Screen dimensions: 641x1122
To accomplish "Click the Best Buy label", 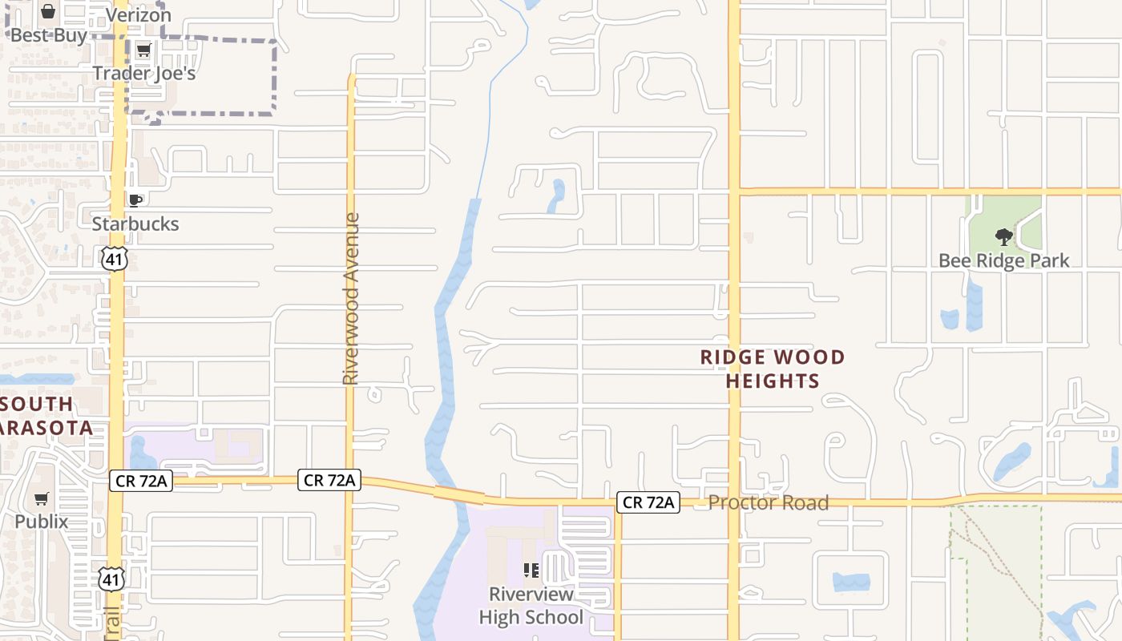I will [48, 35].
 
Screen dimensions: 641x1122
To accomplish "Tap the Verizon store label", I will [139, 14].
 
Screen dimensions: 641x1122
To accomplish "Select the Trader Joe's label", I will [144, 73].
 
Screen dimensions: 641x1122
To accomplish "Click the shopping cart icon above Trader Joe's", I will [143, 51].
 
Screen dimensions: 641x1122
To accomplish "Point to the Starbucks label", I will [135, 224].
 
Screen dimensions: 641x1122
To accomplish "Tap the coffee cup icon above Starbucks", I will [135, 200].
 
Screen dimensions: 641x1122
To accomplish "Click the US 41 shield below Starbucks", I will [114, 258].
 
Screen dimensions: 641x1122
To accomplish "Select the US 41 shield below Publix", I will [112, 579].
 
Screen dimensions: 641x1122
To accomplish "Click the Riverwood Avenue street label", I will [350, 298].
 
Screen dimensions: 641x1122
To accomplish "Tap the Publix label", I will [42, 522].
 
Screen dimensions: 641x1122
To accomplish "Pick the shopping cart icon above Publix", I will [42, 499].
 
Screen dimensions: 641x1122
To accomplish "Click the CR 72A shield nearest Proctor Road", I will [649, 502].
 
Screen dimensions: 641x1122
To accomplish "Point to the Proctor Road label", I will [768, 502].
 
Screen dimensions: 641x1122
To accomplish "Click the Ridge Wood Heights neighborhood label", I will [773, 369].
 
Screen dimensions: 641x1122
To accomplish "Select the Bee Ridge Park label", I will [1003, 260].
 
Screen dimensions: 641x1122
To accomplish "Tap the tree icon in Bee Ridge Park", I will [1003, 237].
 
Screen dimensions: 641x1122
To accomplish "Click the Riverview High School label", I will [531, 606].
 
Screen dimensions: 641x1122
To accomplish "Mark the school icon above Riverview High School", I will [531, 570].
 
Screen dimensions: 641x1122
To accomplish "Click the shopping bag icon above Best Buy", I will [48, 12].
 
